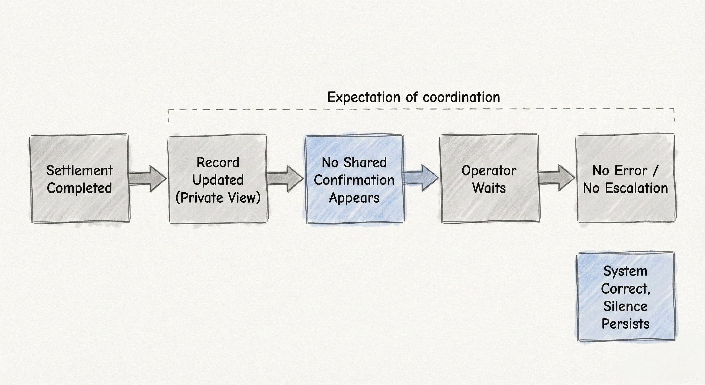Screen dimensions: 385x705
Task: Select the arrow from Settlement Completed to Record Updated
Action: coord(148,179)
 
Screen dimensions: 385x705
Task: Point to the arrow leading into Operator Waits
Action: coord(421,178)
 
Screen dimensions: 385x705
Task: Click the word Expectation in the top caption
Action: coord(365,98)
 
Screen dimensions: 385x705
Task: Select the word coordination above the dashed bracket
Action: coord(461,98)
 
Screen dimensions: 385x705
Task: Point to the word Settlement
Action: coord(79,171)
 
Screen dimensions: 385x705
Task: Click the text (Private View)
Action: coord(218,198)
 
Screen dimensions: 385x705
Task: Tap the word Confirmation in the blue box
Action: coord(354,180)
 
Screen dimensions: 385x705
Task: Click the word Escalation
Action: coord(636,188)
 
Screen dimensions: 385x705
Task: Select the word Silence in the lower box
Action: coord(625,306)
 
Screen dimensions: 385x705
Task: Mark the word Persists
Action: coord(625,324)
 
